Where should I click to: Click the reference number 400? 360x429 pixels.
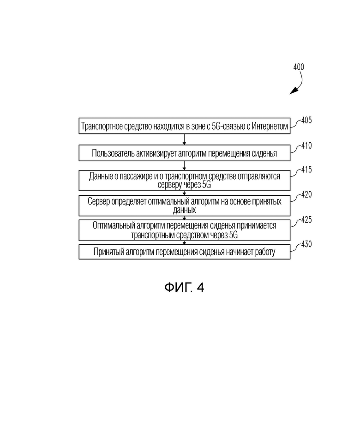click(299, 67)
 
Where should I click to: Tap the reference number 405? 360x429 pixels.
click(306, 121)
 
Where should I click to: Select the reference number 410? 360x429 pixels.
click(306, 145)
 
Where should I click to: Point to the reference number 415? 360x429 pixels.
click(306, 169)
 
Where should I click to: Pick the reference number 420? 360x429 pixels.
click(306, 194)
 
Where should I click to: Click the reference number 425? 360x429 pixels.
click(306, 220)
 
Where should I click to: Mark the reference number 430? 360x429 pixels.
click(306, 244)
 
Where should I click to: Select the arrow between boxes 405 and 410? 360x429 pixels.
click(184, 139)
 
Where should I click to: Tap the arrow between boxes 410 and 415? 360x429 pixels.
click(184, 165)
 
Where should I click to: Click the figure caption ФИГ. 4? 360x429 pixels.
click(184, 288)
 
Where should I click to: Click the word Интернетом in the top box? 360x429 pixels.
click(270, 126)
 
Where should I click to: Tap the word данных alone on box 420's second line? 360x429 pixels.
click(184, 210)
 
